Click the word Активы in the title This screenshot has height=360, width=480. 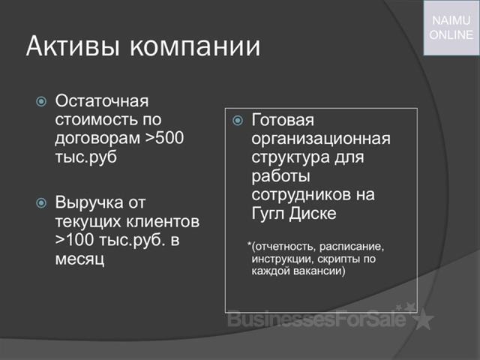(x=72, y=46)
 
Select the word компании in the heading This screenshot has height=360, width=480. (x=195, y=46)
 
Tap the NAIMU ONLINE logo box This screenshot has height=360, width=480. (x=451, y=28)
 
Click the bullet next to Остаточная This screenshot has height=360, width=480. (x=41, y=101)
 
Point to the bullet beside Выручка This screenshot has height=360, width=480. (x=41, y=202)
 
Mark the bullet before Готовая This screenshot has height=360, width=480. (x=238, y=120)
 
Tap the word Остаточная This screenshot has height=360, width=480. (x=102, y=101)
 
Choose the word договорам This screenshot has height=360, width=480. (x=97, y=139)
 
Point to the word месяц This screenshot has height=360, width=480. (x=80, y=259)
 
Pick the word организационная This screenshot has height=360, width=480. (x=321, y=139)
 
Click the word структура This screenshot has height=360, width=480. (x=290, y=158)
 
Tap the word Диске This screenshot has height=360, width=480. (x=313, y=213)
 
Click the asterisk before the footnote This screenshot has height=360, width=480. (x=250, y=244)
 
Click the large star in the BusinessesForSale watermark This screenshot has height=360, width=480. (x=423, y=318)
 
